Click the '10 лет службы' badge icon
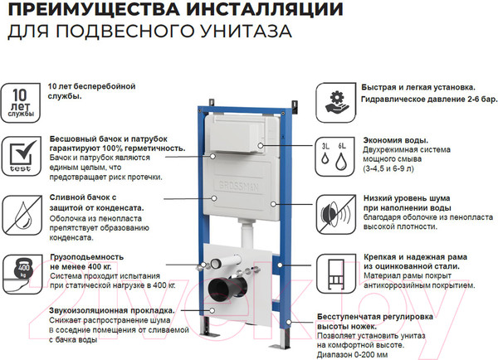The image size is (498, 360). tap(22, 100)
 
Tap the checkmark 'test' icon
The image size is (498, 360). tap(22, 154)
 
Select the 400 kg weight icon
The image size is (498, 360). tap(22, 268)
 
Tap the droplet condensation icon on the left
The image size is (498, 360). tap(22, 212)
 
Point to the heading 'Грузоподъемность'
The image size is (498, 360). tap(90, 256)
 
